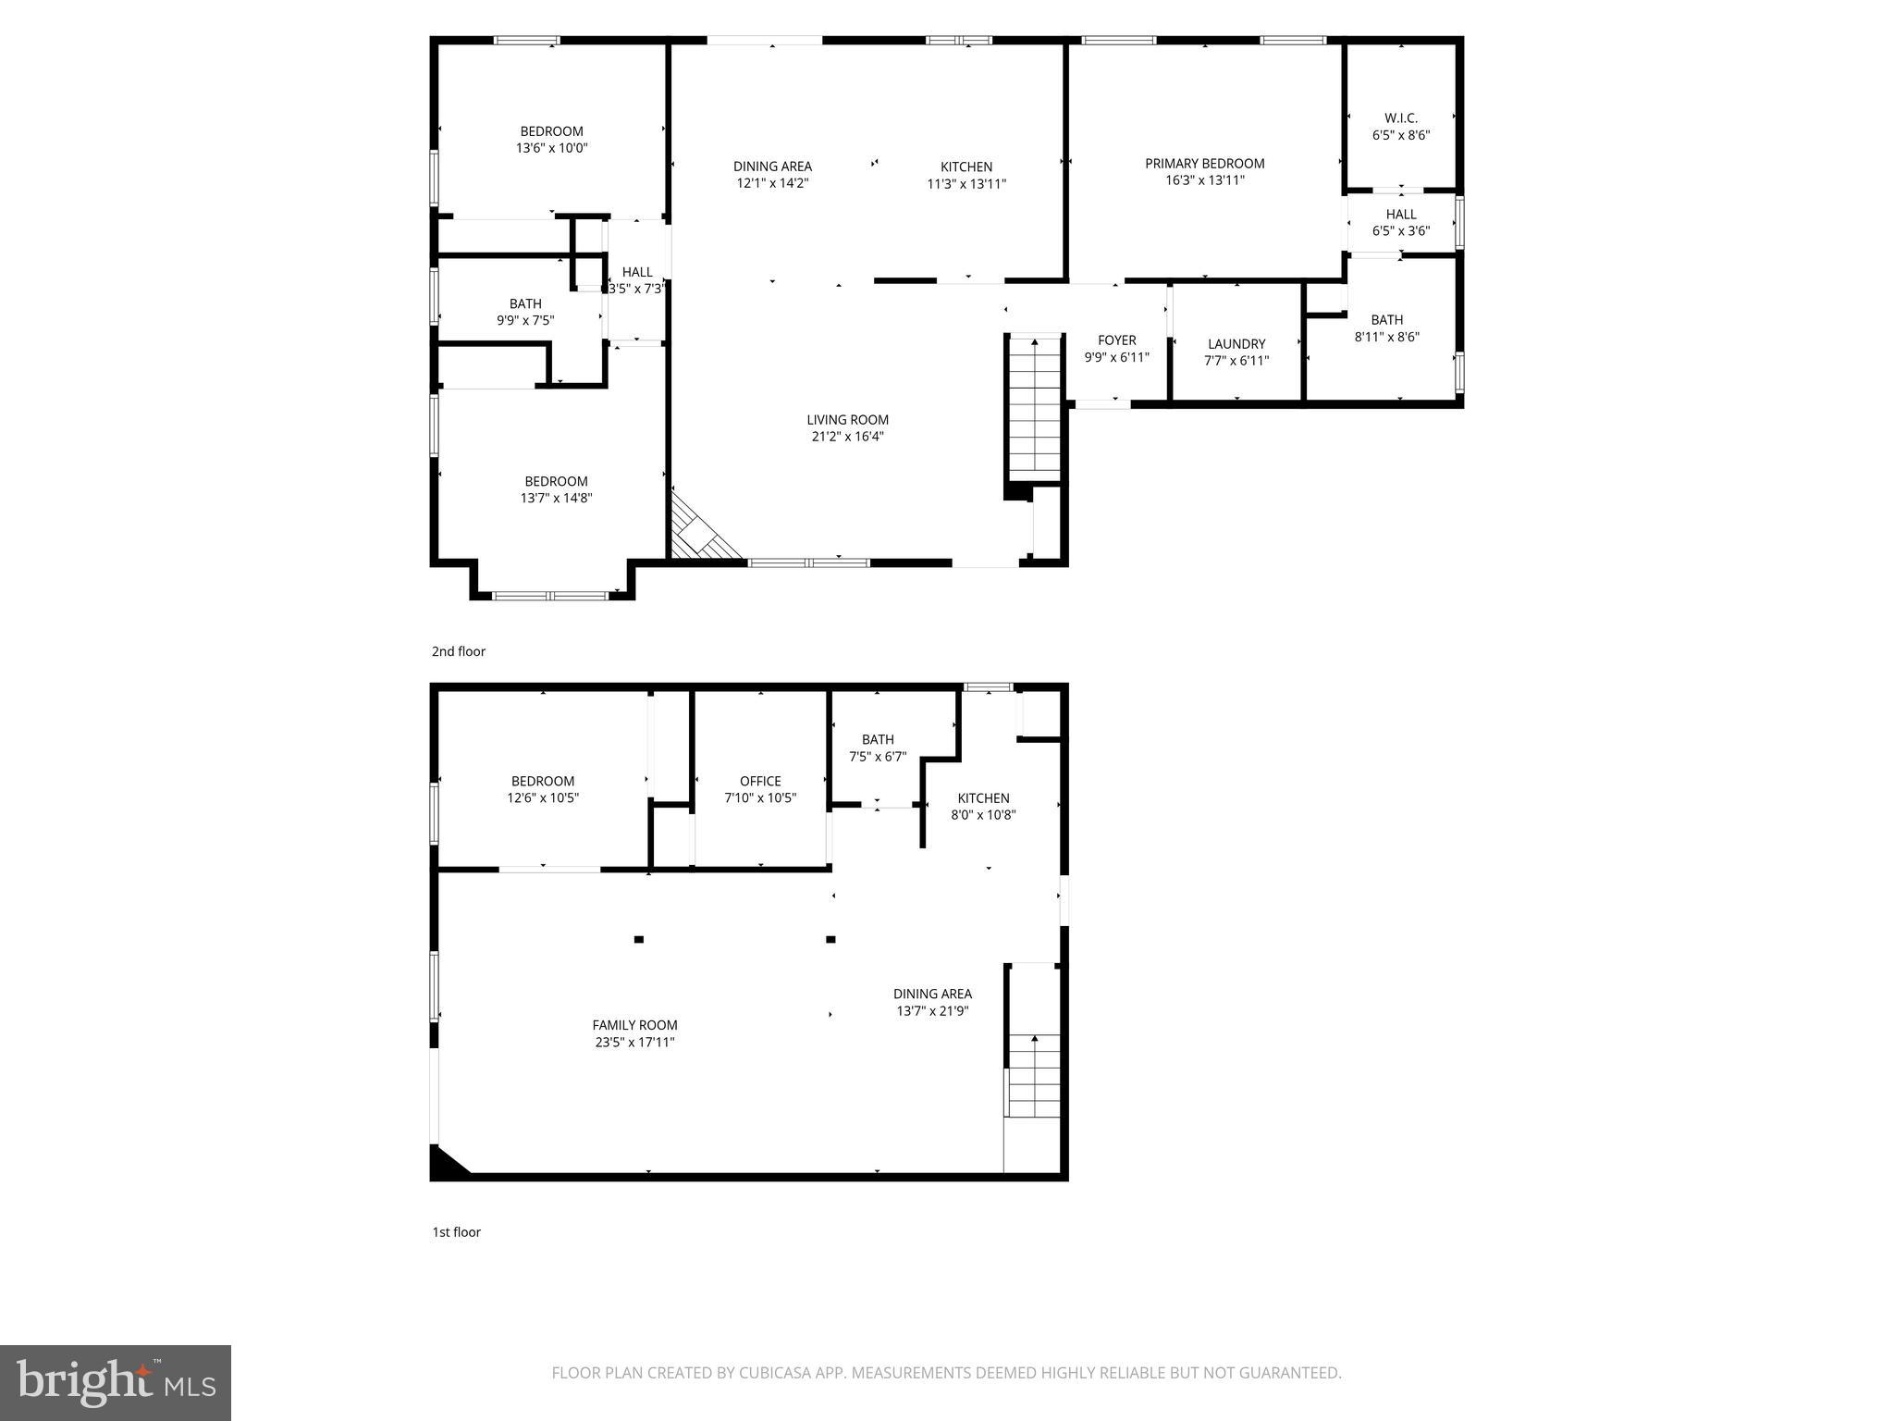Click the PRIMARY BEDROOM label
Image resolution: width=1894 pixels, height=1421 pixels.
[x=1204, y=164]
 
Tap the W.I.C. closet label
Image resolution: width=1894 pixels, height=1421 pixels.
[x=1401, y=118]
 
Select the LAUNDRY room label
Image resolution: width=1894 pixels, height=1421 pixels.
[x=1236, y=344]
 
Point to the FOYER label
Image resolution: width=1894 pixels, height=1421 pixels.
[x=1116, y=340]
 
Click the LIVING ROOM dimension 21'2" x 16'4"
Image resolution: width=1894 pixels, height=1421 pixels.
[x=847, y=437]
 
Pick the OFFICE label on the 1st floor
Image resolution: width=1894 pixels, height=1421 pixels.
[x=760, y=782]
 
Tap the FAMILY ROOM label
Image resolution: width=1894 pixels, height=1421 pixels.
[x=634, y=1025]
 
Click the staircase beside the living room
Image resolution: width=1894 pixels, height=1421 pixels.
[x=1034, y=407]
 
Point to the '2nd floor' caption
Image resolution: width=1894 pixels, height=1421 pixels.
[x=459, y=651]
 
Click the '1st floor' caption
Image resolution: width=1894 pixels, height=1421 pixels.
[x=457, y=1232]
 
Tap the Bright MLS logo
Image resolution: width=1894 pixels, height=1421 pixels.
[x=116, y=1383]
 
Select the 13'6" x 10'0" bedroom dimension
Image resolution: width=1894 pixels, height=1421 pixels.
[x=551, y=148]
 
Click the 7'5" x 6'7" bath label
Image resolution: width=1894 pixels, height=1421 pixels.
[x=878, y=757]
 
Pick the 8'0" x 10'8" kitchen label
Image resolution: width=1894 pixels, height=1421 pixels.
[x=983, y=815]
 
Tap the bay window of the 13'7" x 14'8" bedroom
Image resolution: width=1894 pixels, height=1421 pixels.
[x=550, y=595]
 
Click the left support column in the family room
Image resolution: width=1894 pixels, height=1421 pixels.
[x=638, y=939]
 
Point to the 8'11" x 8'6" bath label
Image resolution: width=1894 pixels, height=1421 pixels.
[x=1386, y=337]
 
